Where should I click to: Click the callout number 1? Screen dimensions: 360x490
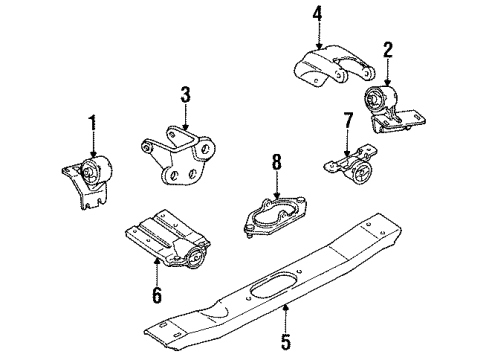click(x=93, y=125)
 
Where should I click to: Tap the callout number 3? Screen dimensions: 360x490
click(x=185, y=96)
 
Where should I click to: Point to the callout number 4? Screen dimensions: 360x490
click(x=318, y=14)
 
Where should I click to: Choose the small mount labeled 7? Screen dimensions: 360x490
click(x=350, y=166)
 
